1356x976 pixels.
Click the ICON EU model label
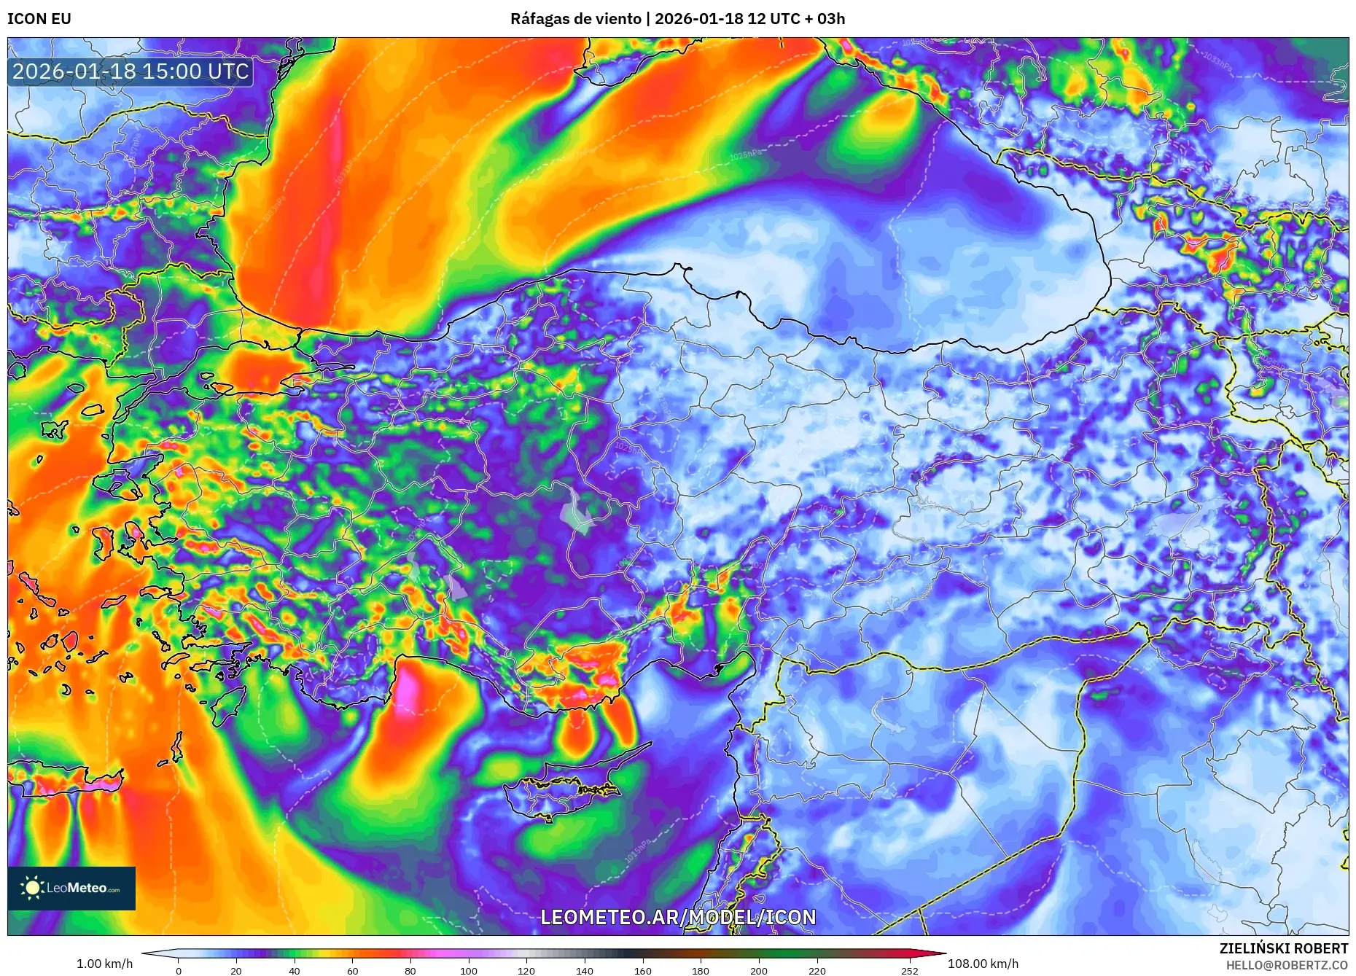click(x=39, y=19)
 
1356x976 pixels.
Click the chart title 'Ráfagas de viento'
click(x=575, y=19)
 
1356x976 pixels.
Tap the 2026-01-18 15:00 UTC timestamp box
click(x=131, y=71)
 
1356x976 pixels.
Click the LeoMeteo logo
click(x=71, y=888)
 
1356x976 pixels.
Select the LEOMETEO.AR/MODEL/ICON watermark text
click(x=678, y=917)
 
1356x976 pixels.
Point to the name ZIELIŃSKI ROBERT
click(x=1283, y=948)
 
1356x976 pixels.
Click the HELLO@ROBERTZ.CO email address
click(x=1287, y=965)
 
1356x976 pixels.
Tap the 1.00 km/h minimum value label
click(x=104, y=964)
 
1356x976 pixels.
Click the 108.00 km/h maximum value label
click(x=983, y=964)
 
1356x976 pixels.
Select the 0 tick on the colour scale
click(x=179, y=971)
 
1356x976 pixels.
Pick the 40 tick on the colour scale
click(x=295, y=971)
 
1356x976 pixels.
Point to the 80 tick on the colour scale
click(x=410, y=971)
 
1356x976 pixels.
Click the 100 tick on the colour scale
click(x=469, y=971)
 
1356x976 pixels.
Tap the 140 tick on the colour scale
click(x=585, y=971)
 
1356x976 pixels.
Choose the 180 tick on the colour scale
click(x=701, y=971)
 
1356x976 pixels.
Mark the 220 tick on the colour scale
click(x=817, y=971)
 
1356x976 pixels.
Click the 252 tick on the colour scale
click(x=909, y=971)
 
